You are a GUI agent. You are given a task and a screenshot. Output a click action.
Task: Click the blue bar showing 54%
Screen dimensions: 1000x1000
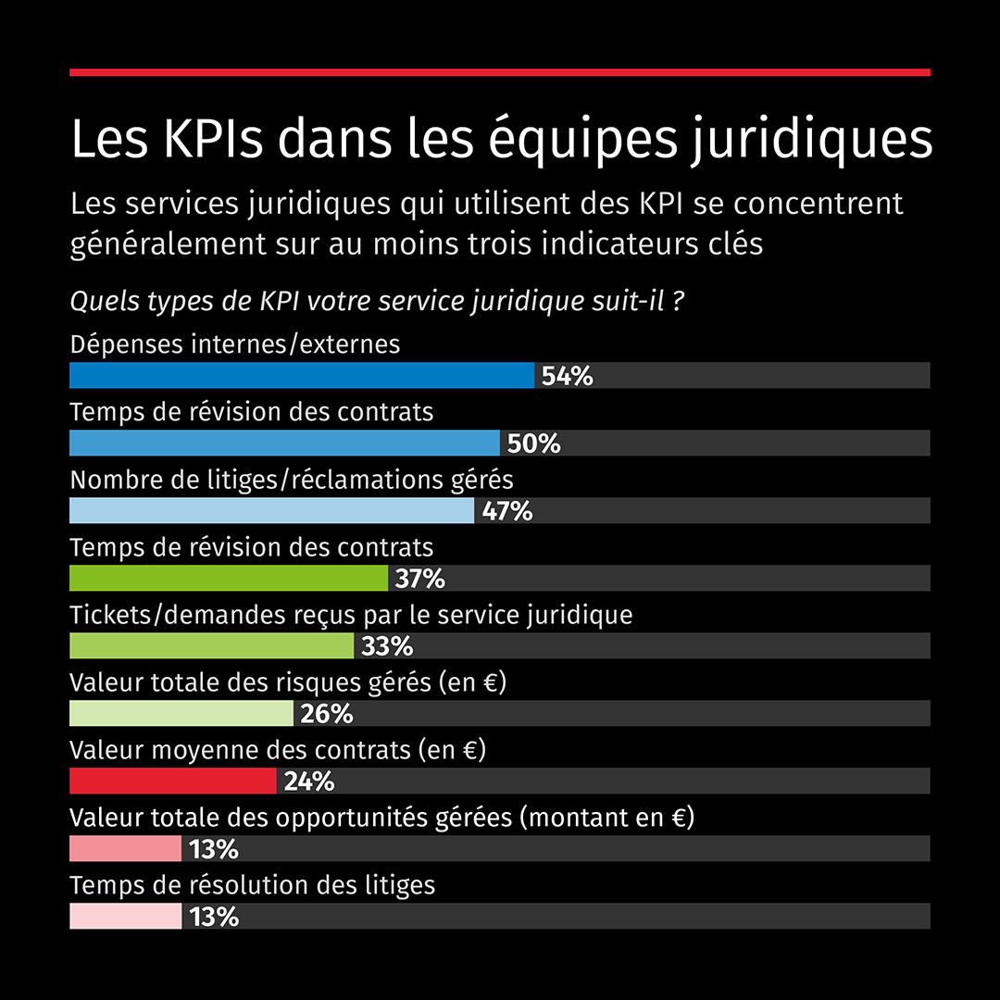coord(302,375)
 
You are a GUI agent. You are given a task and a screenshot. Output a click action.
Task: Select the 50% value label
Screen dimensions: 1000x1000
coord(533,444)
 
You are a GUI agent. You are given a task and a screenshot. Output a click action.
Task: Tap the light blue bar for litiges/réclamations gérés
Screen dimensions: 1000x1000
coord(271,510)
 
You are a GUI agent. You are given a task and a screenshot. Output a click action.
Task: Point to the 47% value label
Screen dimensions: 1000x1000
coord(506,511)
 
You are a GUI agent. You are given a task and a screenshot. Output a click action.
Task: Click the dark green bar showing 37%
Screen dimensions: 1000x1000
coord(229,578)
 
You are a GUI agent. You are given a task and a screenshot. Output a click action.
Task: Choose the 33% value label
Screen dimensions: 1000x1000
coord(387,646)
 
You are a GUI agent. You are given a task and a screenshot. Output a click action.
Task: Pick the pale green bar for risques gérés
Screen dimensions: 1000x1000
coord(181,713)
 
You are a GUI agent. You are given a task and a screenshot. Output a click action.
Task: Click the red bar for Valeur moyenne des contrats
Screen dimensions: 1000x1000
coord(173,781)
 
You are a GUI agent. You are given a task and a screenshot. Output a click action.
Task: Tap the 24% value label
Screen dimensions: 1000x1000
coord(308,781)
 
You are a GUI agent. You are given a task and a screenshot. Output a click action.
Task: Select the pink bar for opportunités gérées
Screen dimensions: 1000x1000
coord(126,848)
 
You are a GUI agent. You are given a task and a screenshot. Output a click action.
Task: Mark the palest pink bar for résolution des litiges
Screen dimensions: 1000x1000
coord(126,916)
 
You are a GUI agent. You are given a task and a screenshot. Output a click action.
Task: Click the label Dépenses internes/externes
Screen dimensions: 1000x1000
coord(235,344)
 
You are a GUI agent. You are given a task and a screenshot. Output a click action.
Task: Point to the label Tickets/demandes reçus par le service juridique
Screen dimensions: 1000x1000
coord(351,615)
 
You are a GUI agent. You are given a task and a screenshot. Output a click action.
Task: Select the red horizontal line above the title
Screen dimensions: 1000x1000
coord(500,71)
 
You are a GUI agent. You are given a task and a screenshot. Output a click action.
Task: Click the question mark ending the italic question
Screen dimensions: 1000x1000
coord(679,302)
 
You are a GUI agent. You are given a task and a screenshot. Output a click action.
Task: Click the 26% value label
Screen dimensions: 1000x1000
coord(327,714)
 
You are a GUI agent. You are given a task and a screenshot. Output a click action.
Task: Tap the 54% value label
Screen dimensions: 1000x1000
coord(567,376)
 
